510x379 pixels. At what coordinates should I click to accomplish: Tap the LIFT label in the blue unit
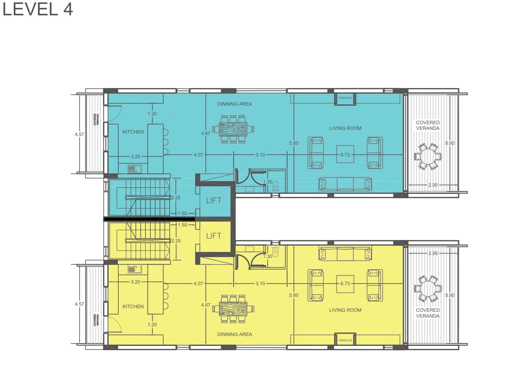click(214, 200)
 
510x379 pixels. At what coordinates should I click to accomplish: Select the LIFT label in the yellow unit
click(214, 236)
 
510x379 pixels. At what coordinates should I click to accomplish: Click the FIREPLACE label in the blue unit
click(345, 98)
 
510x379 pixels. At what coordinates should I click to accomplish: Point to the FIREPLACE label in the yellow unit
click(345, 340)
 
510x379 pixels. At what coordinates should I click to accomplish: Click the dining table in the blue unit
click(233, 129)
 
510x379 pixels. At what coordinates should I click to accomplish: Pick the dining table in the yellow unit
click(233, 309)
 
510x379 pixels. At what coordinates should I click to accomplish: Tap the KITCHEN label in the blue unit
click(133, 132)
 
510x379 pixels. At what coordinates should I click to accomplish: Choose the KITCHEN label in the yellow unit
click(133, 306)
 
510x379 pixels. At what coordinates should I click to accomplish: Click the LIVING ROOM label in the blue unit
click(345, 128)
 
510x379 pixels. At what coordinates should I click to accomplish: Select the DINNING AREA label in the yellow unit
click(234, 334)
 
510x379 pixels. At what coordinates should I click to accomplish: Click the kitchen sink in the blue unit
click(135, 169)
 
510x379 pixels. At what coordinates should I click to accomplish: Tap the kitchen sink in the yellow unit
click(135, 269)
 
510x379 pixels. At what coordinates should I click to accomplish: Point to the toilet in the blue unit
click(276, 186)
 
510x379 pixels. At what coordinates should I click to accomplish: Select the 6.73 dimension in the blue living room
click(345, 155)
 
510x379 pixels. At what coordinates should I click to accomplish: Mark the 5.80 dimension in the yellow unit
click(294, 295)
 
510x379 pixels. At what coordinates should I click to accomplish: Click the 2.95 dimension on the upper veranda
click(433, 185)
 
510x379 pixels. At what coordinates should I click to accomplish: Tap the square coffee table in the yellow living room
click(345, 284)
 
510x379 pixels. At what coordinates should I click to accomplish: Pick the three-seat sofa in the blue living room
click(345, 184)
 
